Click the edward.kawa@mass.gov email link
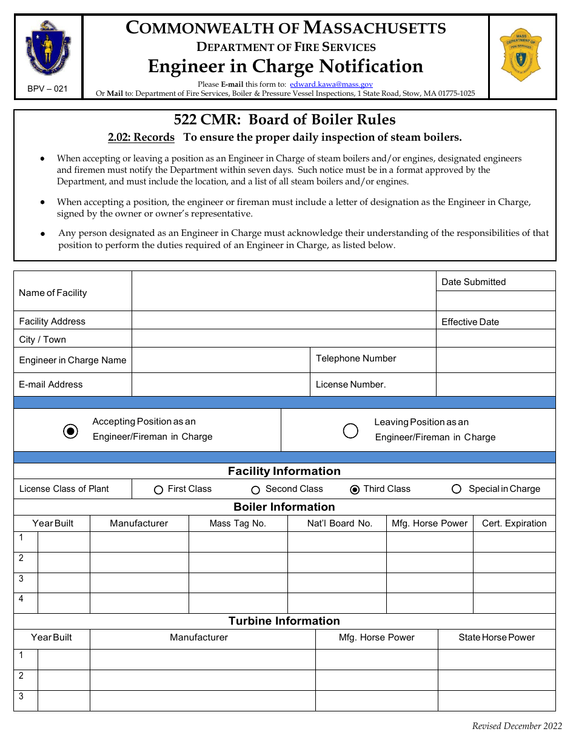[331, 85]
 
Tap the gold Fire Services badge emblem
[520, 55]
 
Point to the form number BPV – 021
[47, 89]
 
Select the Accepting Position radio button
[71, 431]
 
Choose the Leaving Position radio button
[350, 431]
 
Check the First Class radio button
[159, 489]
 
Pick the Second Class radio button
[256, 489]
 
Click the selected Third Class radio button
[355, 489]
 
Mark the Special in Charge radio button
[457, 489]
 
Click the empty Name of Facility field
[283, 291]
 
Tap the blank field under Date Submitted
[495, 301]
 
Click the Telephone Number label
[356, 358]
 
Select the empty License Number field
[495, 385]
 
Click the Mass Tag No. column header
[238, 523]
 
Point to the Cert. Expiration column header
[514, 523]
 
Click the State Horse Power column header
[497, 637]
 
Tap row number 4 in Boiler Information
[21, 599]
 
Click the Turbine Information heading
[284, 621]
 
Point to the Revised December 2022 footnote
[517, 727]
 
